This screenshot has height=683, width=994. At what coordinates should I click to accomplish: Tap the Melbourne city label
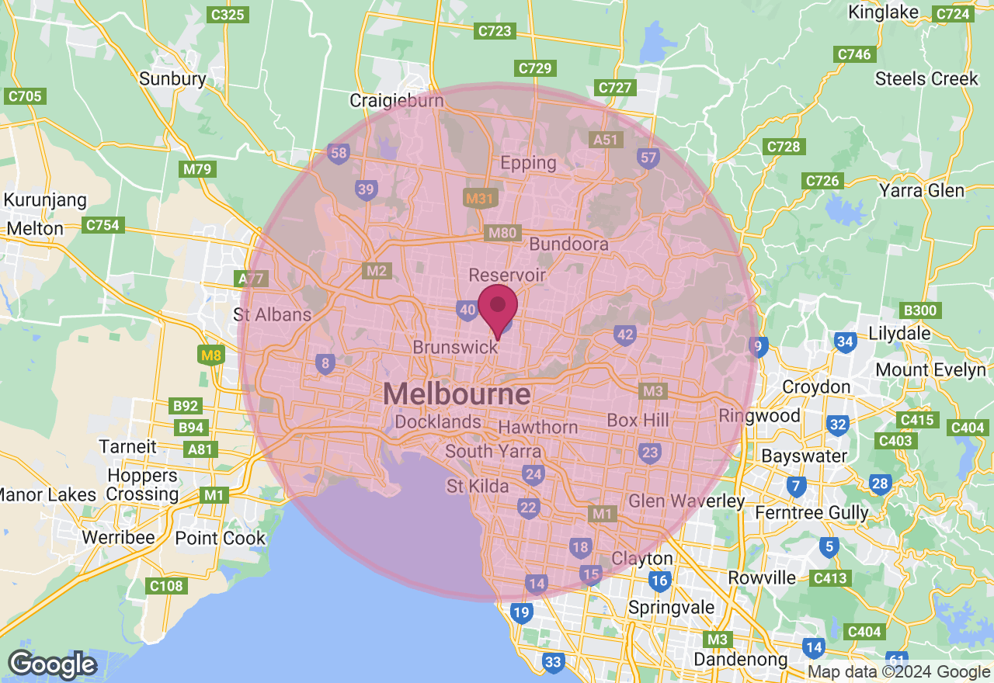click(x=457, y=394)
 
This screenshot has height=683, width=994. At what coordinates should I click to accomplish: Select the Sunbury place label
click(x=172, y=78)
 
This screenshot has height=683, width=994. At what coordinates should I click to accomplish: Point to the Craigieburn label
click(x=397, y=100)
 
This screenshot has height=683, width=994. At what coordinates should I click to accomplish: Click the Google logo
click(x=52, y=664)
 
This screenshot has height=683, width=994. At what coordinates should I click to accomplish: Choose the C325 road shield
click(x=228, y=14)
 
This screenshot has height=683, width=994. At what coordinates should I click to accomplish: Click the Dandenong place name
click(x=740, y=660)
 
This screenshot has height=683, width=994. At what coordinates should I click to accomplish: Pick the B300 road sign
click(x=921, y=310)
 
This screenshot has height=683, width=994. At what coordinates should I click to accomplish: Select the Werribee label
click(x=119, y=538)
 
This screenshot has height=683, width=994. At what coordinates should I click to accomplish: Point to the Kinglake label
click(x=884, y=12)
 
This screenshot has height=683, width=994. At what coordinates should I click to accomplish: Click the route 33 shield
click(x=553, y=662)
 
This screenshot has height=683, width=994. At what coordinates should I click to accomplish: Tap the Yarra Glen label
click(x=922, y=190)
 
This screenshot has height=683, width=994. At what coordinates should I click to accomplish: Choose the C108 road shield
click(x=166, y=586)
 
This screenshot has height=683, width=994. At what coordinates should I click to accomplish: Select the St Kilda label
click(x=478, y=487)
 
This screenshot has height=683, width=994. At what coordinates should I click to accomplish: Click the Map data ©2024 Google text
click(x=898, y=672)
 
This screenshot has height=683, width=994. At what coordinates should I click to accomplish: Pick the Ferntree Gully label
click(x=812, y=512)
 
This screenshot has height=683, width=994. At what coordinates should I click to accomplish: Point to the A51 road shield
click(x=606, y=140)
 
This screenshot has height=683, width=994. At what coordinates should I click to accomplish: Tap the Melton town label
click(x=35, y=229)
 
